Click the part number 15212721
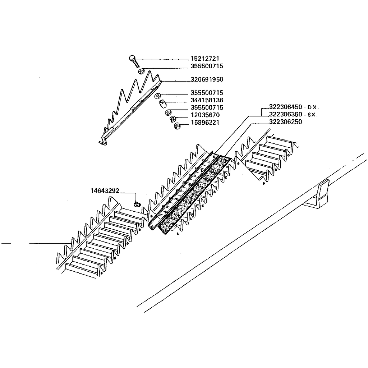tap(204, 59)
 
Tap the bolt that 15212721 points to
tap(134, 61)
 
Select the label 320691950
tap(207, 79)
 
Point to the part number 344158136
tap(207, 100)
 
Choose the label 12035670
tap(205, 115)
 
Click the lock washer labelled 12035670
tap(173, 119)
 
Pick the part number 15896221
tap(205, 123)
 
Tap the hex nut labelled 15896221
tap(177, 126)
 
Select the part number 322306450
tap(285, 107)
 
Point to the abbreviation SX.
tap(312, 115)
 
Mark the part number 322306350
tap(285, 115)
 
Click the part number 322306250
tap(285, 122)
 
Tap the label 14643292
tap(105, 191)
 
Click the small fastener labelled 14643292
tap(137, 204)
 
